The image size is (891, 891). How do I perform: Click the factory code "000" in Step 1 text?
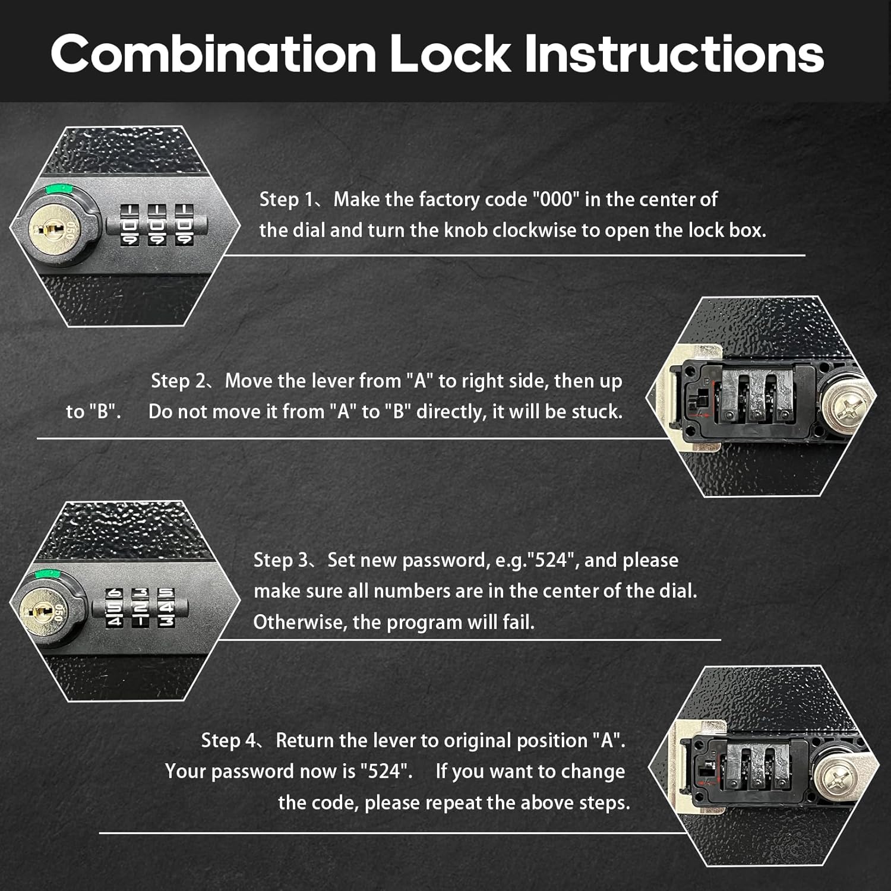coord(555,200)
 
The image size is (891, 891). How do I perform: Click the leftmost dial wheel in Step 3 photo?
coord(114,608)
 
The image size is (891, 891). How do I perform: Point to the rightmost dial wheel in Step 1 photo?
coord(184,225)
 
